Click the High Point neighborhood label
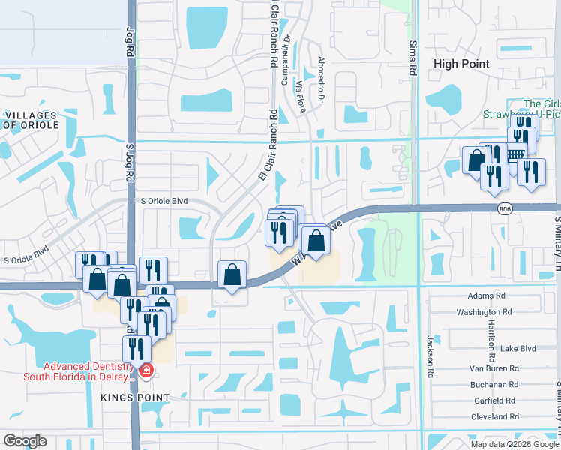click(x=461, y=64)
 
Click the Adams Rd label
click(x=482, y=296)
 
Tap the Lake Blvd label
click(x=518, y=349)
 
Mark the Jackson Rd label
click(x=431, y=356)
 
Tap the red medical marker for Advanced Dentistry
click(x=145, y=370)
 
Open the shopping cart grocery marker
click(x=514, y=155)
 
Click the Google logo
click(x=25, y=441)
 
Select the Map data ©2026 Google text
click(x=514, y=444)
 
